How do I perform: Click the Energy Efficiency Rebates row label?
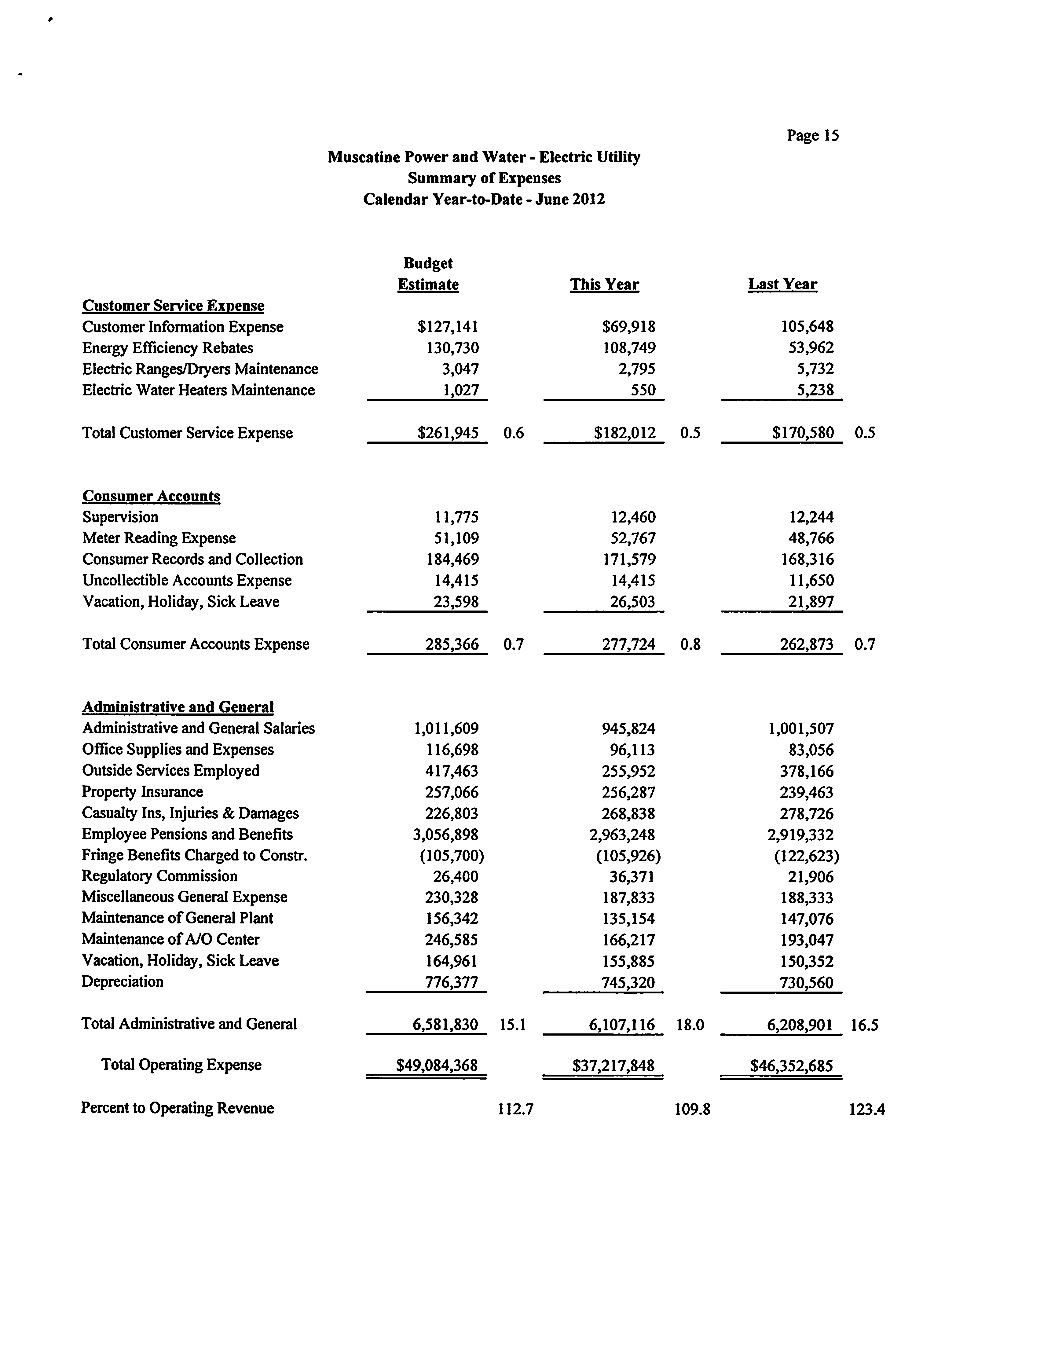coord(167,348)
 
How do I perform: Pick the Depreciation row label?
coord(122,981)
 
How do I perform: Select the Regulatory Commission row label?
coord(159,876)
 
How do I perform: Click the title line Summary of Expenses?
coord(484,178)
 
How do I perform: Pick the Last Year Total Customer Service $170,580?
coord(802,433)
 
